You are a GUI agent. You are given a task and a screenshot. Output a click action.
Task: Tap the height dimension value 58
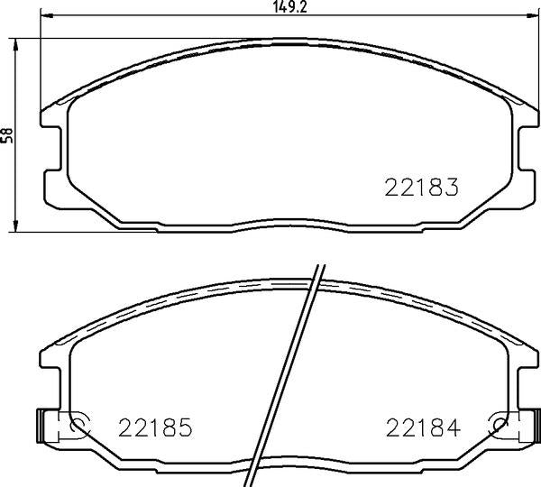[8, 134]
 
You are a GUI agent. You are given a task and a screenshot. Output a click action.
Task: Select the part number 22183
[423, 188]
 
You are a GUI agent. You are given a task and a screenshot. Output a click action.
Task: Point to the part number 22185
[156, 427]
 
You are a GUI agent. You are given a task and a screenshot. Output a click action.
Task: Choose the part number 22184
[423, 427]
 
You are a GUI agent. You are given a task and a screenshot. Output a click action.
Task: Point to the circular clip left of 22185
[78, 426]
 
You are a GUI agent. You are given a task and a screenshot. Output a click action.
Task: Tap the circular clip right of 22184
[496, 426]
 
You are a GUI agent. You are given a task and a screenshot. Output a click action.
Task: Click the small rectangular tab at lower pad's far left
[40, 426]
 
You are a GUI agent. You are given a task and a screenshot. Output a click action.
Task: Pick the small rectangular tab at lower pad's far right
[534, 426]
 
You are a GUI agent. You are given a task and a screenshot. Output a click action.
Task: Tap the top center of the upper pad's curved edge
[287, 40]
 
